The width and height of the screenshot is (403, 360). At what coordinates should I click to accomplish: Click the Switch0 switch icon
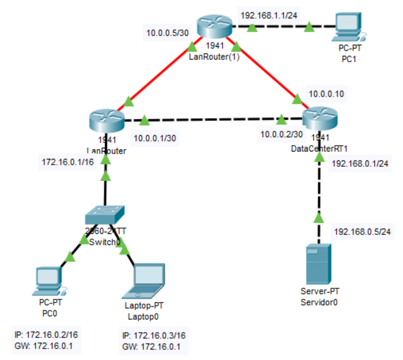[x=105, y=214]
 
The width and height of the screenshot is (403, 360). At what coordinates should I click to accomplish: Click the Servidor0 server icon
[x=318, y=264]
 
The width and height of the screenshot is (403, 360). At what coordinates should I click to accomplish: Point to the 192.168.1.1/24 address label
[x=269, y=15]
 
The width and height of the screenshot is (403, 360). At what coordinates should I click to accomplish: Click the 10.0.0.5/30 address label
[x=167, y=34]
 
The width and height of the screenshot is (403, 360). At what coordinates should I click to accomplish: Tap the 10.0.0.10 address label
[x=326, y=94]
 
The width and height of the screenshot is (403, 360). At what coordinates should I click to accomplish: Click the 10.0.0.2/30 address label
[x=281, y=136]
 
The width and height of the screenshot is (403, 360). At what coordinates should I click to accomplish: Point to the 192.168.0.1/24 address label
[x=360, y=164]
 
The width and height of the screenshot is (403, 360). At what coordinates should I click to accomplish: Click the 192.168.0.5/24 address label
[x=361, y=231]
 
